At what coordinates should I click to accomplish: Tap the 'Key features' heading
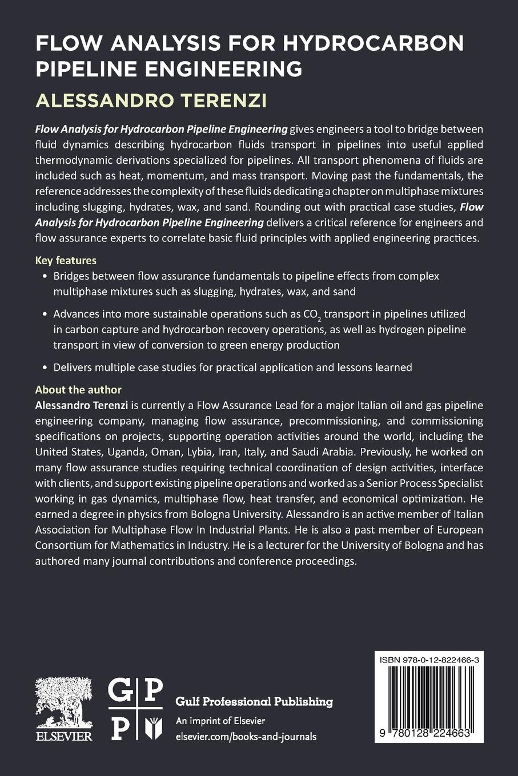coord(66,260)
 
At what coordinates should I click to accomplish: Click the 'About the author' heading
coord(78,390)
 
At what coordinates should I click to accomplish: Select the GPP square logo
coord(135,709)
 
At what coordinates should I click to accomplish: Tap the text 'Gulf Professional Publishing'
coord(254,701)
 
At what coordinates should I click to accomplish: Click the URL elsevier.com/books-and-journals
coord(246,737)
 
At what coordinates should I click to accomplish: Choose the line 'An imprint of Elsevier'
coord(220,720)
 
